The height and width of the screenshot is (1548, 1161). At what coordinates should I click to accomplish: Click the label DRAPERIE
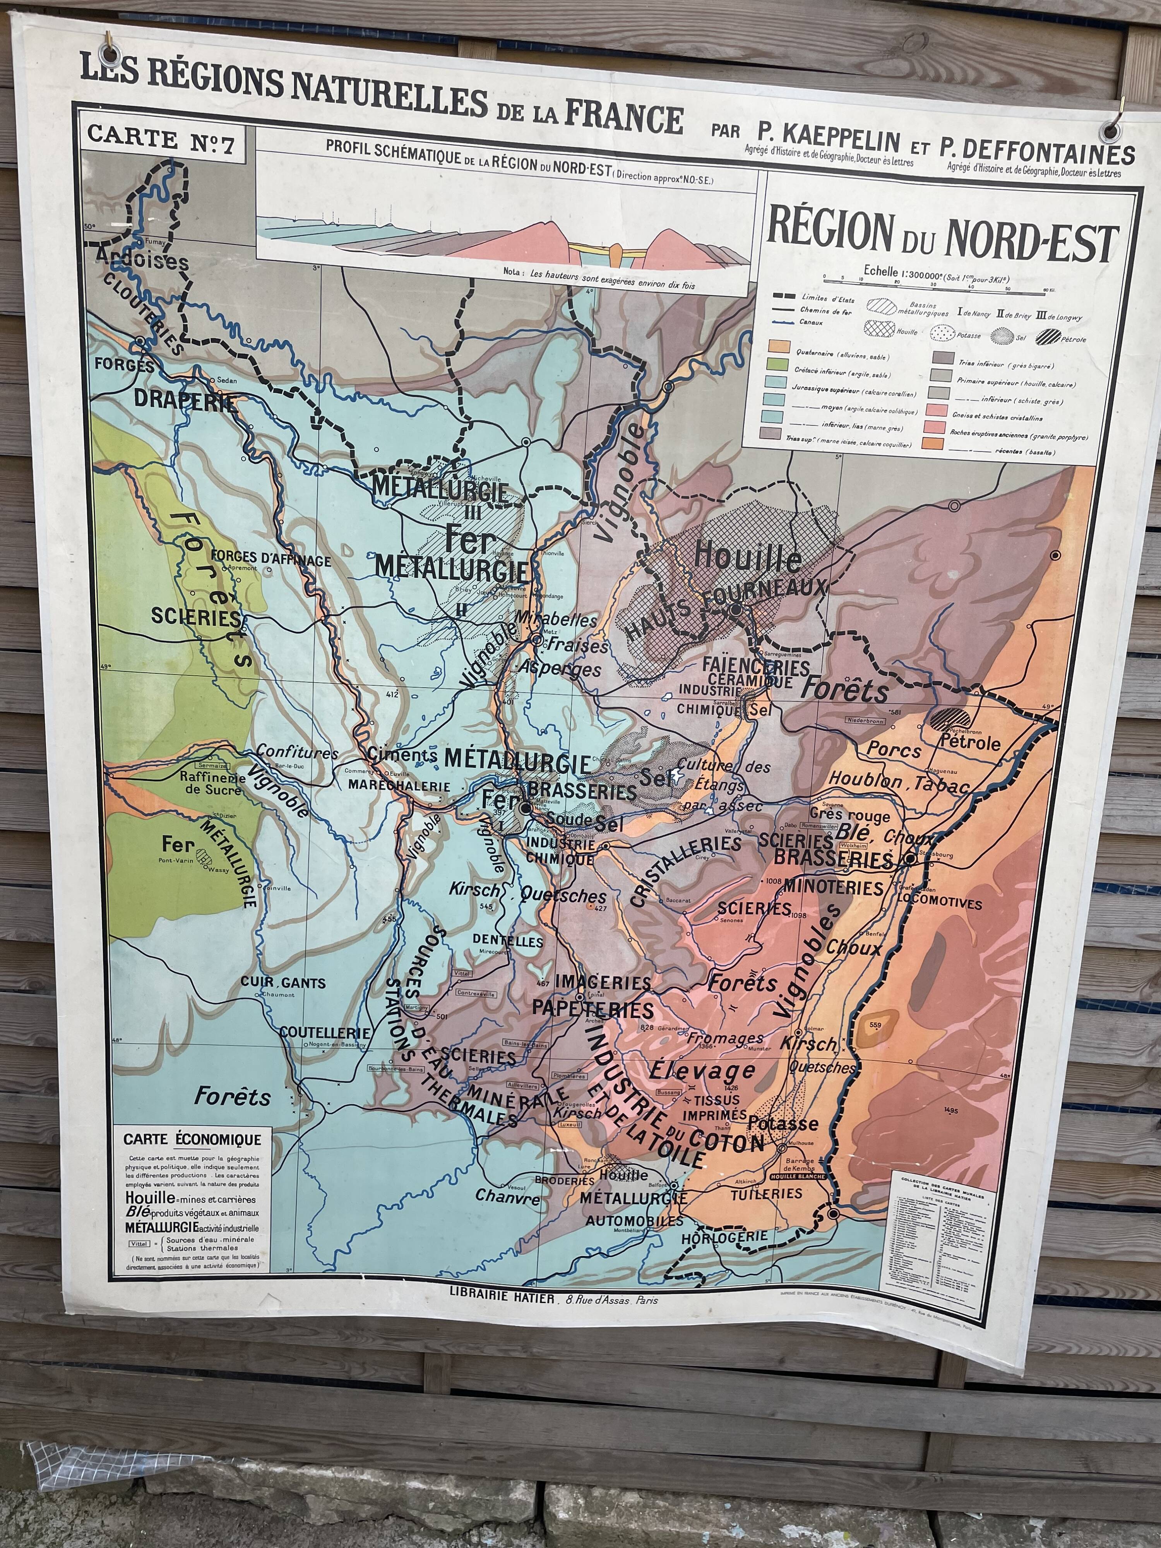tap(185, 400)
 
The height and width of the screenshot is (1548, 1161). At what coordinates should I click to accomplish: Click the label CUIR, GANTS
tap(283, 983)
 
